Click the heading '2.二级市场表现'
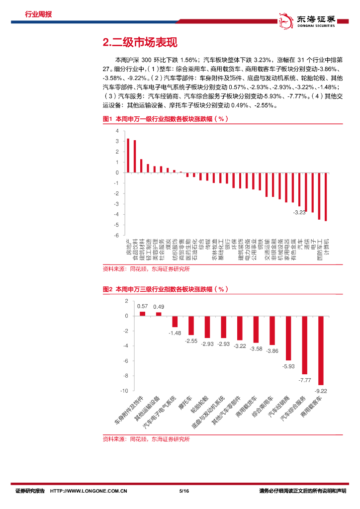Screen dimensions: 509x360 pyautogui.click(x=139, y=43)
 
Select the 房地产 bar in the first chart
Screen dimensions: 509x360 pyautogui.click(x=128, y=156)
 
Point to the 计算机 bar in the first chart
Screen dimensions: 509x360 pyautogui.click(x=326, y=196)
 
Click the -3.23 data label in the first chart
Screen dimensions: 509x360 pyautogui.click(x=299, y=212)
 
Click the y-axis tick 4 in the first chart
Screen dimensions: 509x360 pyautogui.click(x=117, y=131)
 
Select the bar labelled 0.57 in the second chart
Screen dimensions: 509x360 pyautogui.click(x=143, y=314)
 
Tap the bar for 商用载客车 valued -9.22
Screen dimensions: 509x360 pyautogui.click(x=321, y=350)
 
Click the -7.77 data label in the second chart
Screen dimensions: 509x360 pyautogui.click(x=304, y=380)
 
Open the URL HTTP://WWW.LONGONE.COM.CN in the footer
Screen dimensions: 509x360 pyautogui.click(x=90, y=491)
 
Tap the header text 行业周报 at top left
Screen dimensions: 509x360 pyautogui.click(x=38, y=14)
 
